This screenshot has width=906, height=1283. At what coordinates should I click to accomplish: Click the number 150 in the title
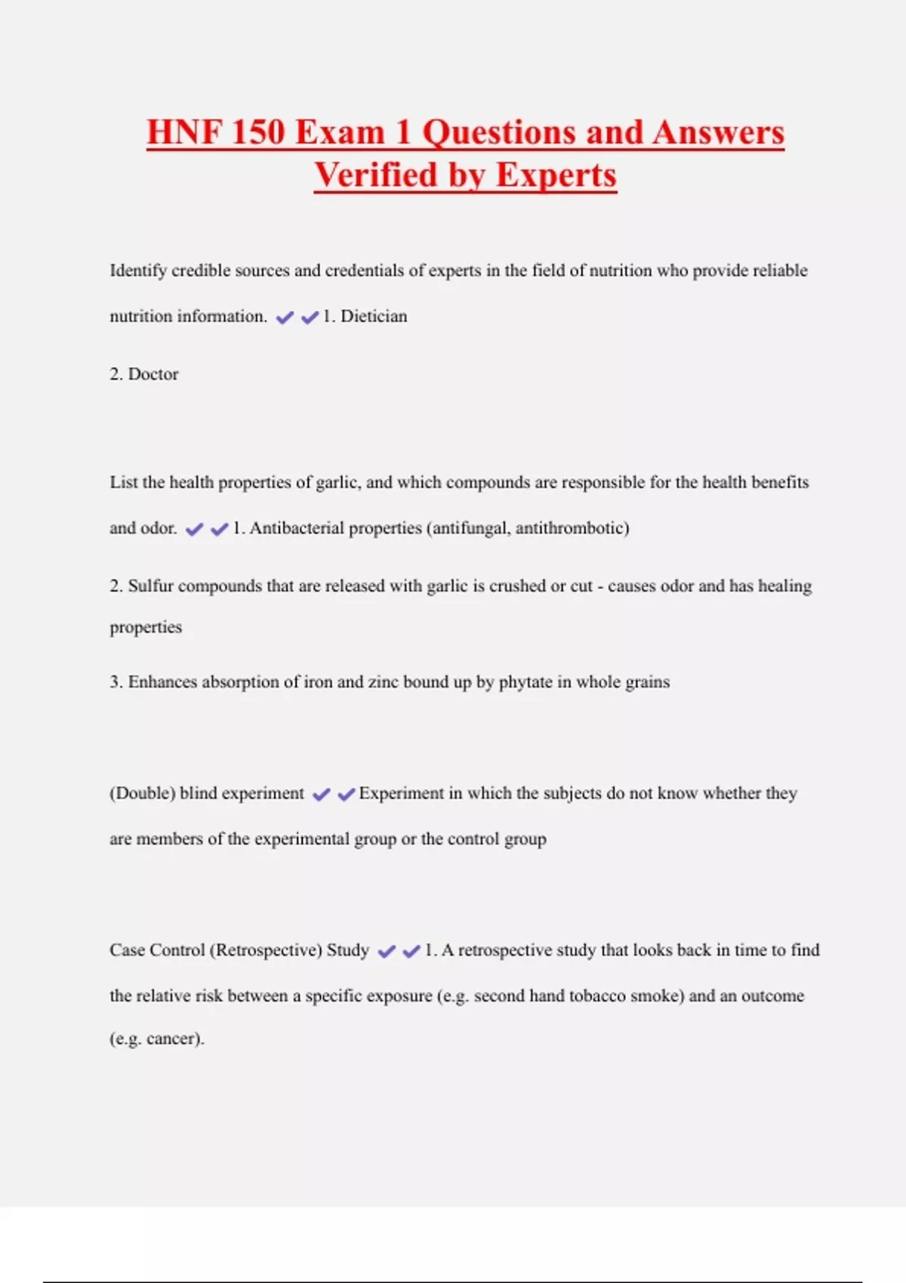coord(258,132)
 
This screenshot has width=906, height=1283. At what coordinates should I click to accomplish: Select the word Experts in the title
coord(556,175)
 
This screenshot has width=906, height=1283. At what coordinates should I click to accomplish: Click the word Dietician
coord(374,316)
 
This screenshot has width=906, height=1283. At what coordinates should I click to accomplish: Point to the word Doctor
coord(153,374)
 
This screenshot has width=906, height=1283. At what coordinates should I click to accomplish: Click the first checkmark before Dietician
coord(285,318)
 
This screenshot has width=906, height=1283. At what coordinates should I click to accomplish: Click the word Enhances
coord(162,682)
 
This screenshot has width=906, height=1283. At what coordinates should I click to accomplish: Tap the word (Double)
coord(142,793)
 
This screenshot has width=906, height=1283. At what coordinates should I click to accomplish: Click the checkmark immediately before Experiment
coord(346,795)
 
